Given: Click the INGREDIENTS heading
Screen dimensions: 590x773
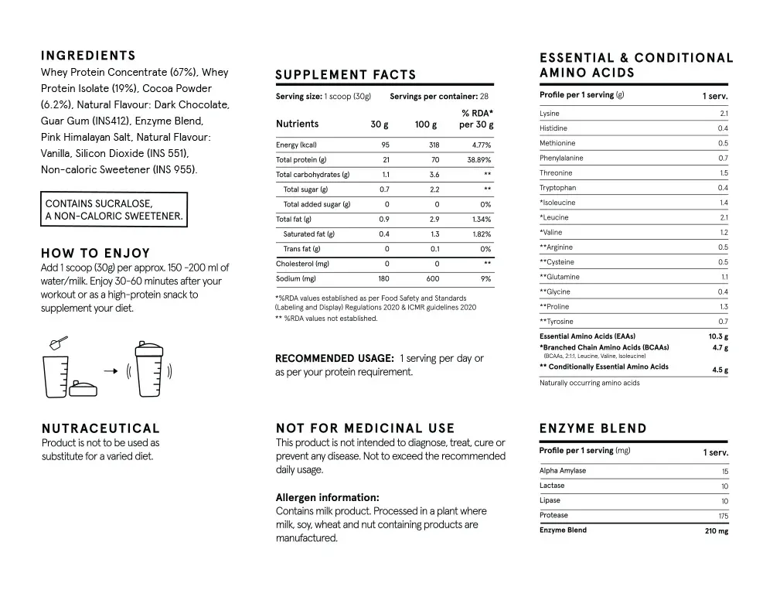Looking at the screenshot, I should (88, 56).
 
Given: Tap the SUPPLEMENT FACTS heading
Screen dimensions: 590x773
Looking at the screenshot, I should (346, 75).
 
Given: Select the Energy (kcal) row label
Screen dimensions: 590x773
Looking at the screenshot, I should (296, 145).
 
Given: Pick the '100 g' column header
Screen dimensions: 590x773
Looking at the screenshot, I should (425, 124).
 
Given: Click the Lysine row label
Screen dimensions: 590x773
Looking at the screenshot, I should (550, 114).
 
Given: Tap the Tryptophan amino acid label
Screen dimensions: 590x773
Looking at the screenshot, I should (557, 188).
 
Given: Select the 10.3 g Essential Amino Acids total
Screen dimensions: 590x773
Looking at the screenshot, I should (718, 336).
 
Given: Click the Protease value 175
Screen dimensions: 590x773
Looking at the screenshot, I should (723, 516).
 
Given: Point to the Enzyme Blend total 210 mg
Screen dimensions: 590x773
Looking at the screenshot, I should (717, 531).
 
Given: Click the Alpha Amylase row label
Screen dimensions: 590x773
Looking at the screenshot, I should (563, 471).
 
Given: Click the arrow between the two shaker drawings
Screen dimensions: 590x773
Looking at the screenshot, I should (110, 370).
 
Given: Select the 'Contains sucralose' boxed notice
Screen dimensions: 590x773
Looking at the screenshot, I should (114, 210).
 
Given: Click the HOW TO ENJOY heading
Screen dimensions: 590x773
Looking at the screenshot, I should (95, 253).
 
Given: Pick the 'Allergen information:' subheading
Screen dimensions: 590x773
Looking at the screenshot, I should (327, 498).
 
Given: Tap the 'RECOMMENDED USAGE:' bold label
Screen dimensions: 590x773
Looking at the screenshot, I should (335, 358).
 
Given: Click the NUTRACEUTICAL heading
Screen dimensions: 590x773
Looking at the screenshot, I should (100, 428).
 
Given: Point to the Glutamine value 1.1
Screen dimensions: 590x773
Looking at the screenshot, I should (724, 277).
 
